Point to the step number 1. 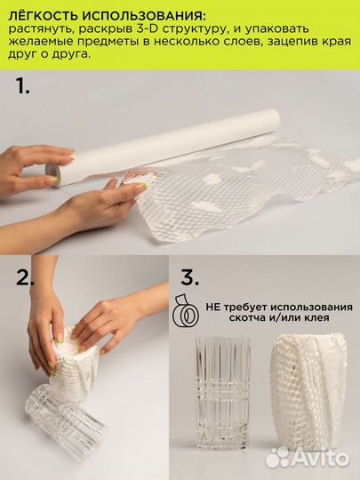22,85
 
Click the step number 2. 25,277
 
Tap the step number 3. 190,277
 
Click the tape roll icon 185,310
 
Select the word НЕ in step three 212,307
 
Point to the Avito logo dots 277,458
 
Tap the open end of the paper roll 52,173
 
